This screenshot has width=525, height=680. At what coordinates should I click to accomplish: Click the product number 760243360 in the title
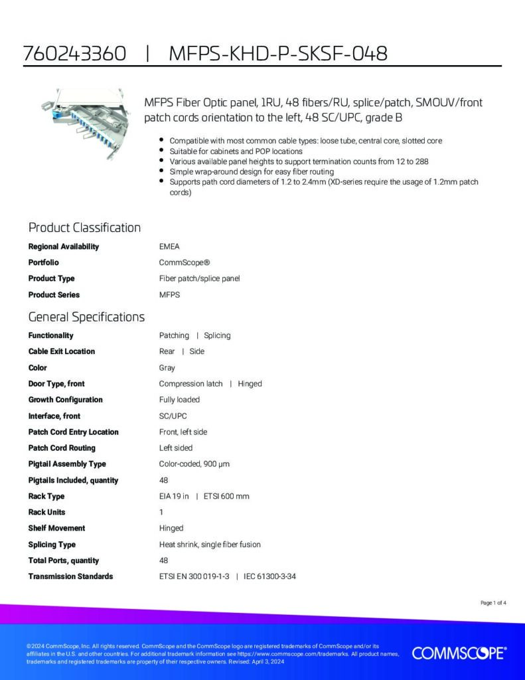(74, 54)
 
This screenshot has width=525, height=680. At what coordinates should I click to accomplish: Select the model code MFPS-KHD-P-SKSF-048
(278, 54)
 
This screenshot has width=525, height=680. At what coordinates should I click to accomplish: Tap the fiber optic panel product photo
(78, 124)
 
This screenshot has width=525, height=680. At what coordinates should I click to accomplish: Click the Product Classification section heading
(84, 228)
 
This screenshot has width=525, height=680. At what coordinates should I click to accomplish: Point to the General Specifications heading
(86, 317)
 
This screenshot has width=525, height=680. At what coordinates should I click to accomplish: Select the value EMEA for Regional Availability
(169, 246)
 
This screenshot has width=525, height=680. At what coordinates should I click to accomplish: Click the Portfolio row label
(43, 262)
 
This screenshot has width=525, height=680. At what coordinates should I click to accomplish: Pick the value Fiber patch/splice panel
(199, 278)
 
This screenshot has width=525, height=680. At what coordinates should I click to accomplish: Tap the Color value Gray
(167, 367)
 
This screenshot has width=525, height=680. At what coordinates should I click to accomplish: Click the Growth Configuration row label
(65, 400)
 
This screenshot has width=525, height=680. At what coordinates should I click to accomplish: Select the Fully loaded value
(179, 400)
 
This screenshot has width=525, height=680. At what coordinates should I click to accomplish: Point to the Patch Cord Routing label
(62, 448)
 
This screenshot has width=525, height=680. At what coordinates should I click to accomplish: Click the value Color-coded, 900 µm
(194, 464)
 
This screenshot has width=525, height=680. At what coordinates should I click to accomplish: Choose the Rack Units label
(46, 512)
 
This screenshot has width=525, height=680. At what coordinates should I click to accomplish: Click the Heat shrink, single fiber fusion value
(210, 545)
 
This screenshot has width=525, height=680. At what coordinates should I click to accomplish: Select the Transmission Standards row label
(70, 576)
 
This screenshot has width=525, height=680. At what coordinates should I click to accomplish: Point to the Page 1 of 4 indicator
(493, 603)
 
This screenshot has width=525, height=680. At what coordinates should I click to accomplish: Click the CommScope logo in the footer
(459, 653)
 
